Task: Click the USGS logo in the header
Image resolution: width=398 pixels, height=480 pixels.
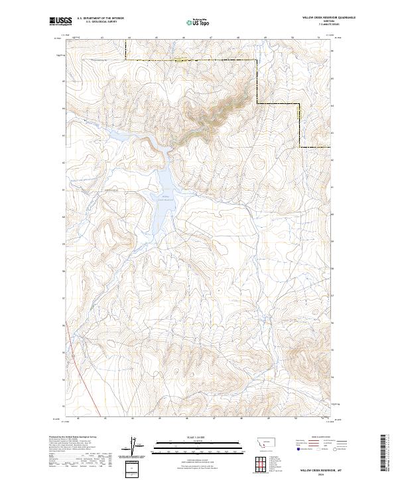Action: [x=60, y=21]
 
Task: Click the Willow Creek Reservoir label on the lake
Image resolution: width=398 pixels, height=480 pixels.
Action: [x=166, y=197]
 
